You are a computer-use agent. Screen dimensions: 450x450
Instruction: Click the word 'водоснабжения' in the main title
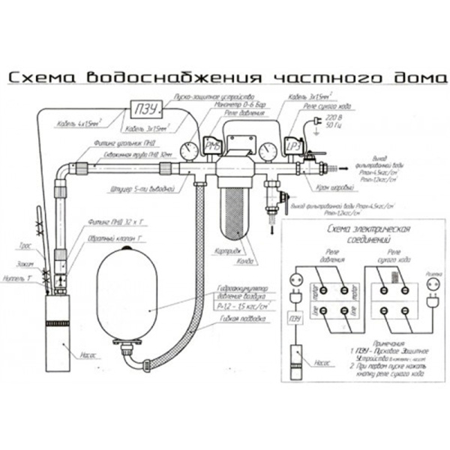point(185,78)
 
